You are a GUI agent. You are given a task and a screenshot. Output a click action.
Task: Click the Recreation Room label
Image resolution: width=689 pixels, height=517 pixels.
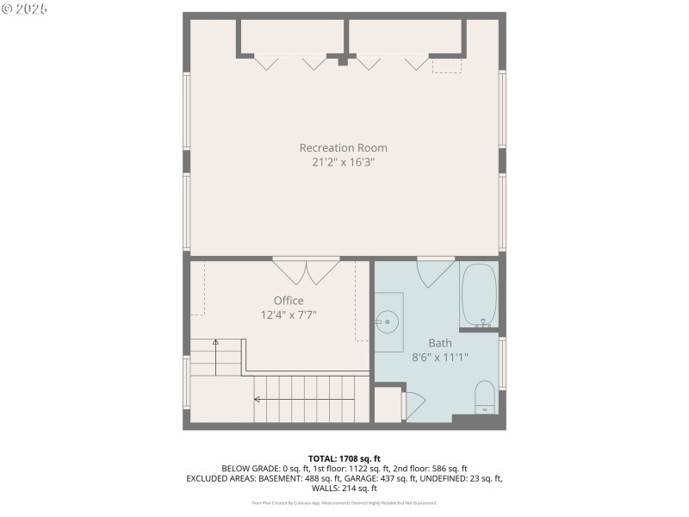click(343, 147)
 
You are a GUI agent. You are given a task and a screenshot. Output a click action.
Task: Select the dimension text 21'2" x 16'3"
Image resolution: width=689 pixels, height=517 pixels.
click(343, 162)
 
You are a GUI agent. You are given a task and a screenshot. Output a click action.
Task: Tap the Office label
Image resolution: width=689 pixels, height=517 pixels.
click(289, 301)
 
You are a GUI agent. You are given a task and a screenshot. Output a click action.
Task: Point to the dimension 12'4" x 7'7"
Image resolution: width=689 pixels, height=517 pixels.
click(289, 315)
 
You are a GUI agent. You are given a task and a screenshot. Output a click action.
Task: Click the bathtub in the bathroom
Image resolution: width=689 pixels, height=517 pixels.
click(480, 295)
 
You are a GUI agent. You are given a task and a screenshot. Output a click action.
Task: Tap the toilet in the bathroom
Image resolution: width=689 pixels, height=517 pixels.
click(485, 397)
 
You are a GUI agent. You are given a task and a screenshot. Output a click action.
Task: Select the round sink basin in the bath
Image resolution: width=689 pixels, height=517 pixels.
click(386, 323)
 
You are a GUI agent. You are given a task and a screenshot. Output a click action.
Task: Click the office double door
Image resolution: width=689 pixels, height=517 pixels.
click(306, 271)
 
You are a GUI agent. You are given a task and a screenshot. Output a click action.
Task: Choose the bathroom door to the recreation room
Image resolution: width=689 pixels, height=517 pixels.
click(436, 272)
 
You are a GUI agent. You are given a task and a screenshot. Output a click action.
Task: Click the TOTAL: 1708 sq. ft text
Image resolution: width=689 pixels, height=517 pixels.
click(344, 458)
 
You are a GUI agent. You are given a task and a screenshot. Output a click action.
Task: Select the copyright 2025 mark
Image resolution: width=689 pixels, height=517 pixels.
click(25, 9)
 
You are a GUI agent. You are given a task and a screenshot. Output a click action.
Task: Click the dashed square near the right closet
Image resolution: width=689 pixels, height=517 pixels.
click(446, 65)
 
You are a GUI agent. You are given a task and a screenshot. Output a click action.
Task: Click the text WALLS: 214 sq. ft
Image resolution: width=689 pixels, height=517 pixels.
click(344, 489)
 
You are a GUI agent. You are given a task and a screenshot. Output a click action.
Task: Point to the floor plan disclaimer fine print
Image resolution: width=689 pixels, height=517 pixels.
click(344, 502)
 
